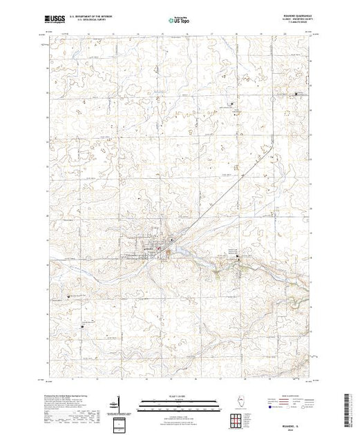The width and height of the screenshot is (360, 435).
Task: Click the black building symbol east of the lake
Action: tap(238, 258)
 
